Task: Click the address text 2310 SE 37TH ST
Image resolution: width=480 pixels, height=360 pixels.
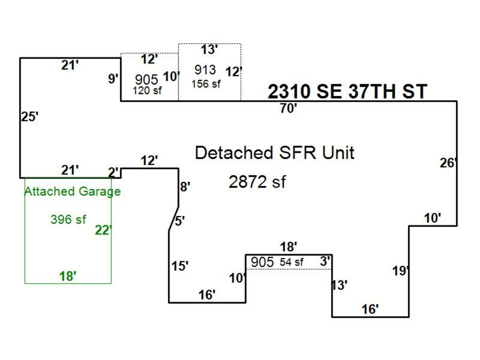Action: [x=347, y=92]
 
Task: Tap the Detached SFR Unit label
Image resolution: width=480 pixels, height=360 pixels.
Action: [x=275, y=153]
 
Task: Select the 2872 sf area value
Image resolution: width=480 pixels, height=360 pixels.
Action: [x=258, y=182]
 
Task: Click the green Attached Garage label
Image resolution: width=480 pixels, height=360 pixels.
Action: [x=73, y=191]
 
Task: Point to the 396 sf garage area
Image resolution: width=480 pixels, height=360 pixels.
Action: [x=68, y=219]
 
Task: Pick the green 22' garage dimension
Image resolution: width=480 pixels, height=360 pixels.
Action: [x=103, y=230]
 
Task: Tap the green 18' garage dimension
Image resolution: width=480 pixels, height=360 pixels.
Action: [x=68, y=276]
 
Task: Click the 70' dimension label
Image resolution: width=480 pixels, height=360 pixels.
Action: [x=289, y=108]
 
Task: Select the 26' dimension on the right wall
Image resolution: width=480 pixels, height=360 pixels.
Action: [x=448, y=163]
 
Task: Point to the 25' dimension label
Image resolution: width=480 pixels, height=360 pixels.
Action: [x=30, y=117]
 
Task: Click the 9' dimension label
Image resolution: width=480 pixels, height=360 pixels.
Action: [x=113, y=79]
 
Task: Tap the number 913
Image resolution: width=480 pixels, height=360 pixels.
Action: [x=205, y=70]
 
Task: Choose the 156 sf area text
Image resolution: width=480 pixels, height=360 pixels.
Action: [x=206, y=84]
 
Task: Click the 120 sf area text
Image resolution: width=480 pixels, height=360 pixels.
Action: [x=147, y=90]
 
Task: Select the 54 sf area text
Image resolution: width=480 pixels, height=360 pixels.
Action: [x=291, y=262]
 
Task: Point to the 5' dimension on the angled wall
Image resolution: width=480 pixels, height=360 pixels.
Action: [x=180, y=221]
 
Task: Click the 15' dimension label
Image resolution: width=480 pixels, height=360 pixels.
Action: [x=180, y=266]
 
